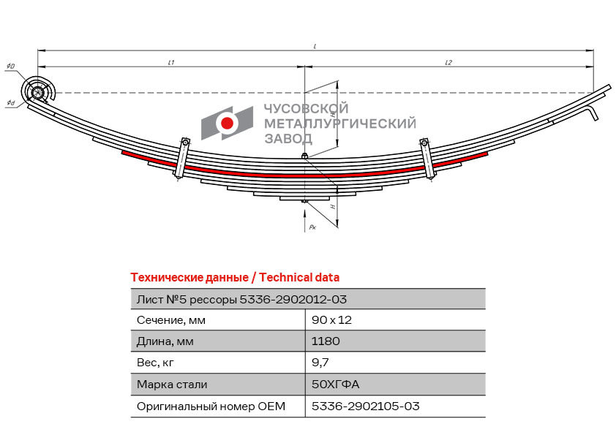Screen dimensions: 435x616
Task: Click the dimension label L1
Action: pyautogui.click(x=170, y=63)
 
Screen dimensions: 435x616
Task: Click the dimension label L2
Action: pyautogui.click(x=448, y=63)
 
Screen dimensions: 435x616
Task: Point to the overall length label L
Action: pyautogui.click(x=315, y=46)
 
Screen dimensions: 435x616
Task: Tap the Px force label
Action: pyautogui.click(x=312, y=228)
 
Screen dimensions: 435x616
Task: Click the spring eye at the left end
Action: pyautogui.click(x=37, y=92)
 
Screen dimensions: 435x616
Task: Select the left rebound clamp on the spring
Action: pyautogui.click(x=181, y=157)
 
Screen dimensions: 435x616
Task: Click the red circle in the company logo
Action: pyautogui.click(x=227, y=124)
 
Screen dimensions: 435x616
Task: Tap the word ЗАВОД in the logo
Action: pyautogui.click(x=288, y=139)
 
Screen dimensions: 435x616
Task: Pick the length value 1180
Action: pyautogui.click(x=326, y=341)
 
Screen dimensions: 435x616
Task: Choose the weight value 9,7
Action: pyautogui.click(x=320, y=362)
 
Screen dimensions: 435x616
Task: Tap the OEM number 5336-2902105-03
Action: pyautogui.click(x=365, y=406)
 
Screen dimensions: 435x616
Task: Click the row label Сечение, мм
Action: pyautogui.click(x=171, y=319)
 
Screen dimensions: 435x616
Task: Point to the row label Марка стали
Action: pyautogui.click(x=172, y=384)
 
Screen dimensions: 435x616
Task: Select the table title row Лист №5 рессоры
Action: pyautogui.click(x=241, y=299)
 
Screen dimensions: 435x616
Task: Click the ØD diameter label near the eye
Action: pyautogui.click(x=10, y=67)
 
